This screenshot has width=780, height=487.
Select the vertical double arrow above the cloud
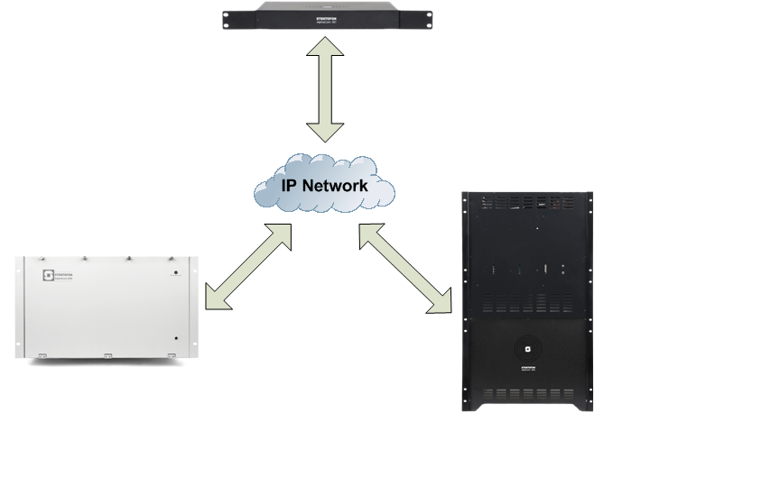pos(325,95)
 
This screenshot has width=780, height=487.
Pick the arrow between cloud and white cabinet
pos(249,267)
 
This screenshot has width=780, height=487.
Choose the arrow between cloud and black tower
pos(405,270)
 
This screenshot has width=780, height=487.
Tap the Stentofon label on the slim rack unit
pos(324,14)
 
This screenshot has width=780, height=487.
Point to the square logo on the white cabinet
pos(50,275)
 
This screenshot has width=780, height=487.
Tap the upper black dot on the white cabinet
pos(176,273)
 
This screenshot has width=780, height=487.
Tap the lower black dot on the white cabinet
pos(176,339)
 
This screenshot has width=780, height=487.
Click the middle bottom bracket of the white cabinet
pos(106,354)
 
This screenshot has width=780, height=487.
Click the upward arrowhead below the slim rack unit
pos(325,61)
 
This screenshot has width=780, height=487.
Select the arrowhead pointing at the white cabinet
pos(217,299)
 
